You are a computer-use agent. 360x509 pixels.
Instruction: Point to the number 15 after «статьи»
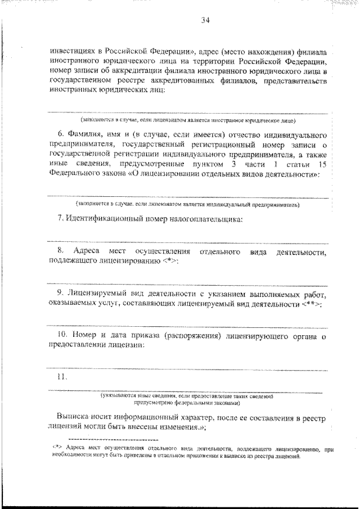tap(322, 163)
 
